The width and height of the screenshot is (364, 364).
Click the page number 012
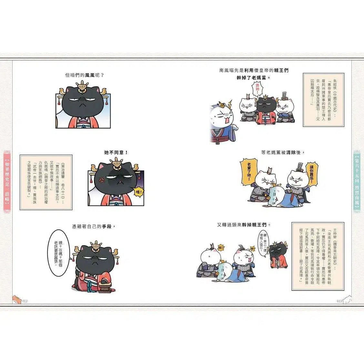pos(25,301)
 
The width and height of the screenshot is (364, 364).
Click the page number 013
pos(339,301)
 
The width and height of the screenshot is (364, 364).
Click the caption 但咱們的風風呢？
pos(84,75)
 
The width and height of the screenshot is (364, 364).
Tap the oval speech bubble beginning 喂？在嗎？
pos(58,249)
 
